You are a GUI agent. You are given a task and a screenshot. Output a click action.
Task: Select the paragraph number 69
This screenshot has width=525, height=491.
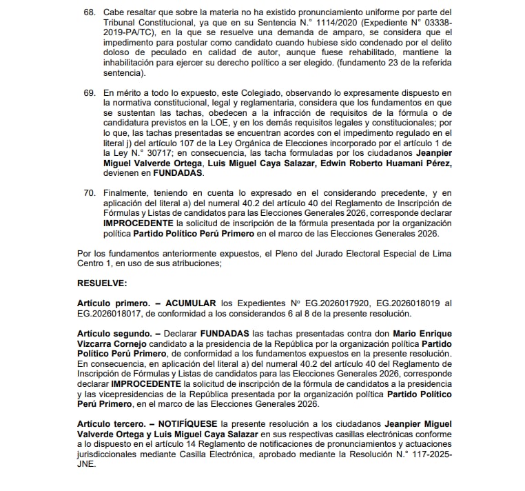click(88, 92)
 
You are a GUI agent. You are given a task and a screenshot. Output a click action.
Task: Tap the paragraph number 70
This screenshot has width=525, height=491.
click(88, 194)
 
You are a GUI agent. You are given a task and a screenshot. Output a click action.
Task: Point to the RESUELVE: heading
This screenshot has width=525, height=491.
click(102, 283)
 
